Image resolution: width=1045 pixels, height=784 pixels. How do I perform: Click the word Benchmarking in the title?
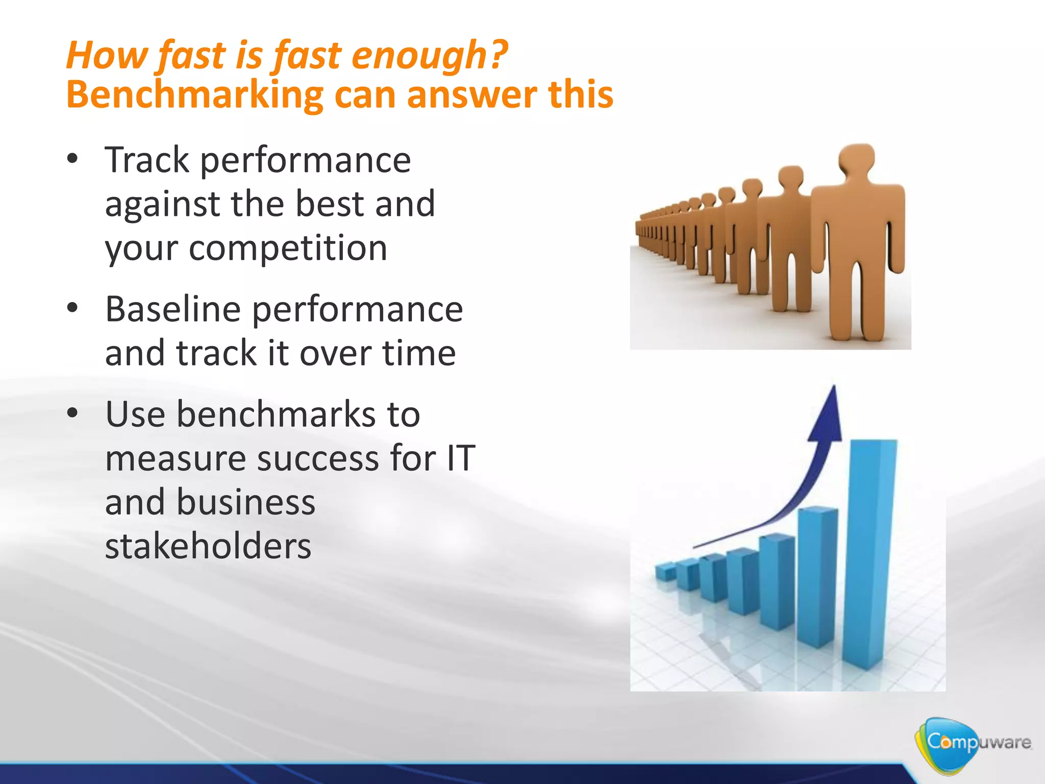194,95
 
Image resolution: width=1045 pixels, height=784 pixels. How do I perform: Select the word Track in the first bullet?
147,160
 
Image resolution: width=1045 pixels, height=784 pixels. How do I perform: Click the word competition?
288,249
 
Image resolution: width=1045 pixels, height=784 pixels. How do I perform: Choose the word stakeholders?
208,546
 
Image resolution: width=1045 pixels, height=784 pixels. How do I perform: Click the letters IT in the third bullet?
461,458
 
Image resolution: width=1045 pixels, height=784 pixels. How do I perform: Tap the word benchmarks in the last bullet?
276,414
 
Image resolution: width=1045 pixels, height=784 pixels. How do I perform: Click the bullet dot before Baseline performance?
72,308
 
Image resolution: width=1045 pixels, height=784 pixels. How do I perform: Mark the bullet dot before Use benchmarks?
72,413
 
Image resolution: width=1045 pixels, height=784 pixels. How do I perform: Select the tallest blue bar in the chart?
869,551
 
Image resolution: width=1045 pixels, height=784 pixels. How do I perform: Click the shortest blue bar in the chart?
665,572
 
